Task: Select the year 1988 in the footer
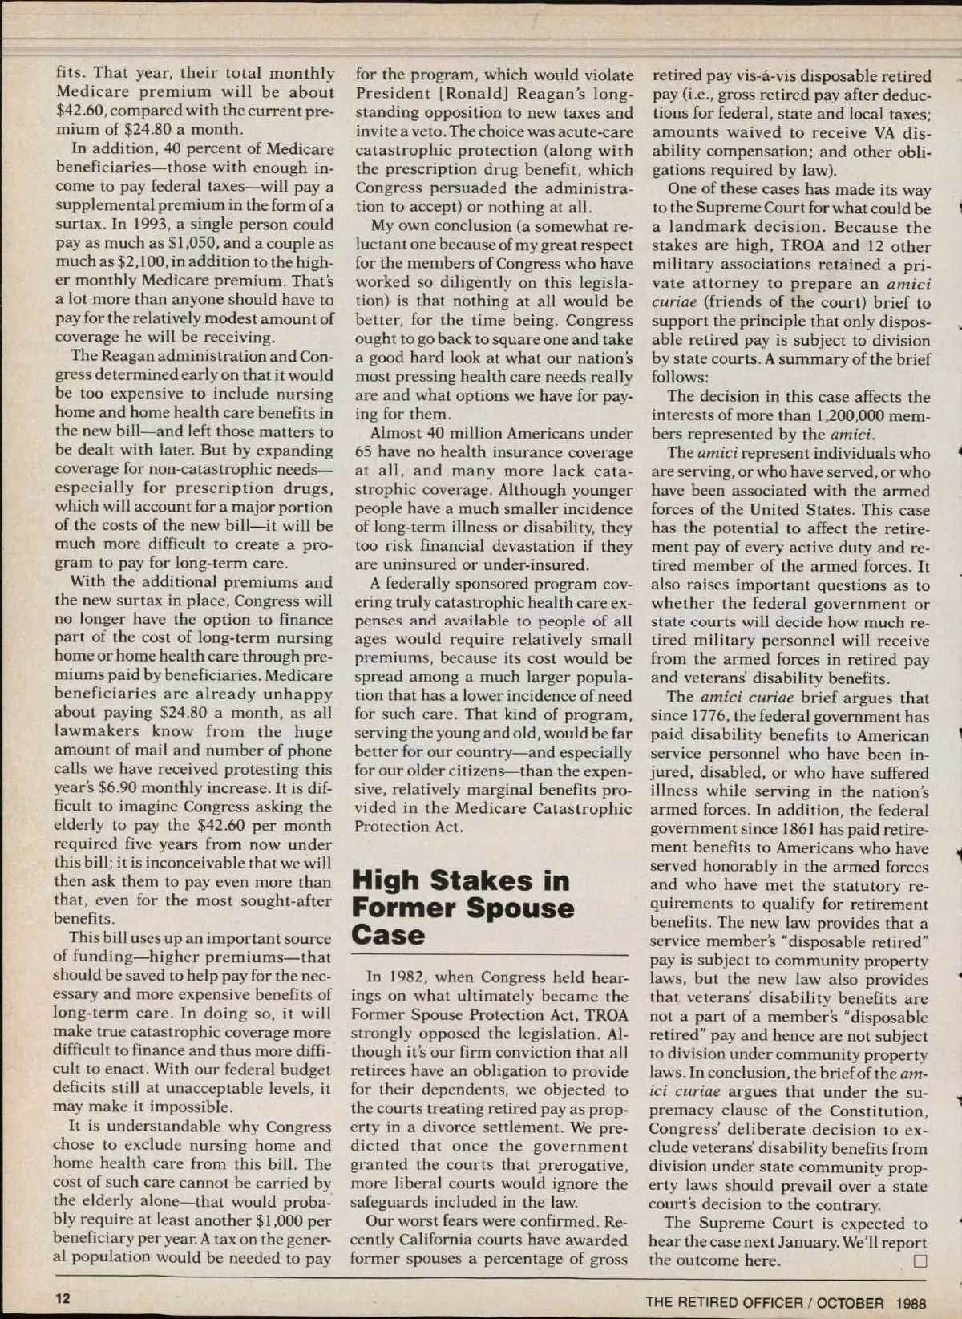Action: [x=911, y=1303]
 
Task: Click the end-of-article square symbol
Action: [x=920, y=1260]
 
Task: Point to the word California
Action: [x=417, y=1240]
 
